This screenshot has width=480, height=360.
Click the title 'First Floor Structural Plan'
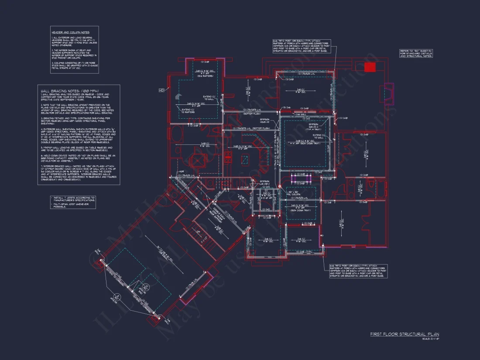point(405,334)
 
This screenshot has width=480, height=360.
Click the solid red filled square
point(370,67)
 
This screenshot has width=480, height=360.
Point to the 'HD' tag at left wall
point(161,90)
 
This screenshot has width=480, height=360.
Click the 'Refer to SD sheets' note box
point(416,53)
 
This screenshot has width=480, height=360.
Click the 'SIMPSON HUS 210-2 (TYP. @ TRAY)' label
point(316,126)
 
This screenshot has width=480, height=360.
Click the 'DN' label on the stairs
point(198,231)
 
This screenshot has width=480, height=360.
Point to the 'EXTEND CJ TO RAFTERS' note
point(188,111)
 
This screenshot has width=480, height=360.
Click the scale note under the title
point(430,339)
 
